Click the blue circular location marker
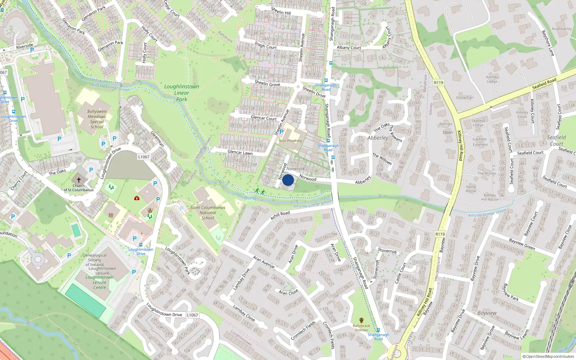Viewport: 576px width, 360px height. click(x=288, y=180)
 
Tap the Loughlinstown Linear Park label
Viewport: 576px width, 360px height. click(x=181, y=93)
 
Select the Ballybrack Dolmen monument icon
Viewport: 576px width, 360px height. click(x=361, y=320)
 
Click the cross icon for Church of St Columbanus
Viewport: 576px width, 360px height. click(x=79, y=180)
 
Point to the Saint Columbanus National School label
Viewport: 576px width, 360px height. click(x=208, y=212)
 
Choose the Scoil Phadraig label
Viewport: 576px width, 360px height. click(x=290, y=141)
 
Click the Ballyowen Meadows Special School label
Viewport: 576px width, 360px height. click(x=97, y=119)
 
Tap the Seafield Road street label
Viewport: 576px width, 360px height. click(x=544, y=84)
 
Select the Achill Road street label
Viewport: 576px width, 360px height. click(x=280, y=216)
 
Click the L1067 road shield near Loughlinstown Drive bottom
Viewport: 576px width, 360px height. click(x=192, y=315)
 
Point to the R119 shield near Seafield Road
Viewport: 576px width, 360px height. click(x=438, y=82)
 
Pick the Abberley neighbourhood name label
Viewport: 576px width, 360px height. click(x=378, y=138)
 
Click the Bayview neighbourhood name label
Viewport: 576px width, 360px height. click(x=487, y=313)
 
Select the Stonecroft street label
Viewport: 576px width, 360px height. click(x=387, y=250)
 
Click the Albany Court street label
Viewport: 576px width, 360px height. click(x=349, y=48)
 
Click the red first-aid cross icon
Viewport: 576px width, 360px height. click(x=137, y=198)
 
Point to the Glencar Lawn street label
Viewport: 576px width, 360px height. click(x=240, y=153)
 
